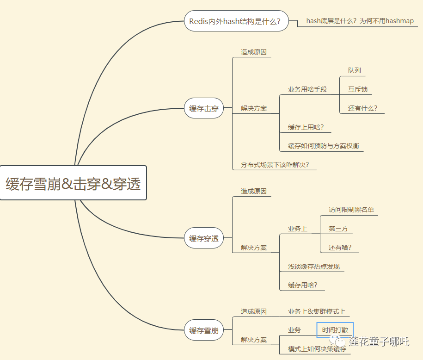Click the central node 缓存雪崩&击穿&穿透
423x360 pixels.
pyautogui.click(x=73, y=183)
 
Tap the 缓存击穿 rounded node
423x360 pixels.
pyautogui.click(x=204, y=109)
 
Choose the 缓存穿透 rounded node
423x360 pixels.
pyautogui.click(x=204, y=239)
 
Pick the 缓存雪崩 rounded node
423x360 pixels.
pyautogui.click(x=204, y=331)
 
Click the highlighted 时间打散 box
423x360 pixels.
pyautogui.click(x=335, y=330)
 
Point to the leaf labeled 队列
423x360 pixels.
pyautogui.click(x=355, y=70)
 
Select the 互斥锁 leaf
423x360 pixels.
pyautogui.click(x=358, y=89)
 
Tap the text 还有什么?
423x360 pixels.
pyautogui.click(x=363, y=108)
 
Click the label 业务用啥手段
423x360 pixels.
pyautogui.click(x=307, y=89)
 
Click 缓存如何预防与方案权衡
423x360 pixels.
pyautogui.click(x=324, y=146)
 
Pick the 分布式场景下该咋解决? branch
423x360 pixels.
pyautogui.click(x=275, y=164)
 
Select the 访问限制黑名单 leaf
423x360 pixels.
pyautogui.click(x=351, y=210)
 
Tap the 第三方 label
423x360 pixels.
pyautogui.click(x=338, y=229)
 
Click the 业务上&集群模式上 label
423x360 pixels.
pyautogui.click(x=317, y=311)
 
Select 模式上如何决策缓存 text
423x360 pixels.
pyautogui.click(x=317, y=349)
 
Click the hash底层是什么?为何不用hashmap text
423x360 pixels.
pyautogui.click(x=360, y=21)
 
